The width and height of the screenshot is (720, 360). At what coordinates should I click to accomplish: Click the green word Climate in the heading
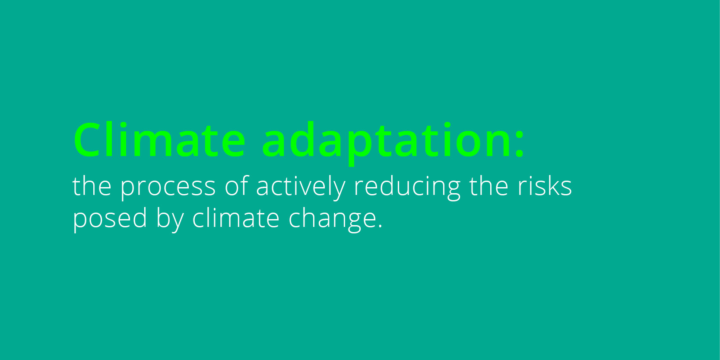click(159, 140)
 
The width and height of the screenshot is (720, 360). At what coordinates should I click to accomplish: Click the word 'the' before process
click(92, 186)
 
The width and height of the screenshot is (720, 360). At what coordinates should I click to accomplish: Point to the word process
click(168, 188)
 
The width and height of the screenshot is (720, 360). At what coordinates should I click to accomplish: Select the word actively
click(301, 188)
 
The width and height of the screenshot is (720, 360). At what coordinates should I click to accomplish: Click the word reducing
click(407, 188)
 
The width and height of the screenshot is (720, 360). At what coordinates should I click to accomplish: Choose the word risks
click(545, 186)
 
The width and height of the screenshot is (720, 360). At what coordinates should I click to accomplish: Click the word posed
click(110, 220)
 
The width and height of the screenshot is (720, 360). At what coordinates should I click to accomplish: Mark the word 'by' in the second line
click(170, 220)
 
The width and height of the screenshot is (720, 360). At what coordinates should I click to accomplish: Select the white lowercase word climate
click(236, 218)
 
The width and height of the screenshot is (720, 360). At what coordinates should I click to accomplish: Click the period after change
click(380, 226)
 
